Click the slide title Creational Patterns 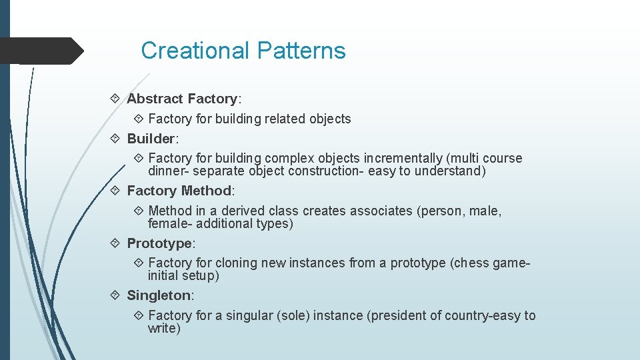[243, 51]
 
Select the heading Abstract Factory [182, 99]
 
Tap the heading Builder [151, 139]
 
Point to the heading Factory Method [179, 191]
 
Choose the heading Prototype [159, 243]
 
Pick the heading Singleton [159, 295]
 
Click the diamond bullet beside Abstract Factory [115, 99]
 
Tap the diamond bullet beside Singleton [115, 295]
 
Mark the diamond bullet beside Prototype [115, 243]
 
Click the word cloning [236, 263]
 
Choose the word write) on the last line [164, 328]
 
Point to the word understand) [450, 171]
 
